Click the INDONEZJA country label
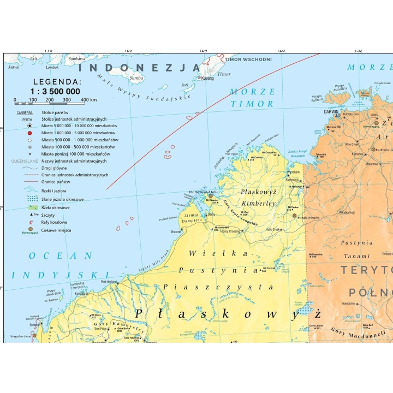pos(139,68)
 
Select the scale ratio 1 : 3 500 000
pos(55,91)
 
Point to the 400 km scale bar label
pos(88,100)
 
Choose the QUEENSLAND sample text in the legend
pos(25,161)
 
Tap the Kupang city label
pos(207,78)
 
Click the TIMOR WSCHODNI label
pos(240,59)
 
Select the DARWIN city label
pos(331,111)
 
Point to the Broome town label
pos(176,232)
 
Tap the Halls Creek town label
pos(273,230)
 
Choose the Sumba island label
pos(136,78)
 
